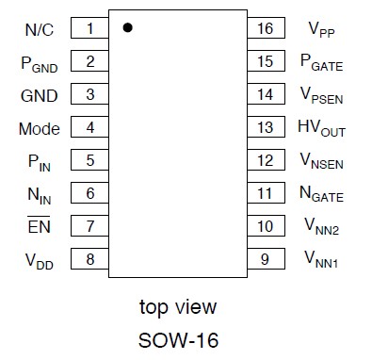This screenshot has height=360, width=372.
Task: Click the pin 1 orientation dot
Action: (128, 28)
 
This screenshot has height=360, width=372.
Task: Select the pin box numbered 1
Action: (89, 29)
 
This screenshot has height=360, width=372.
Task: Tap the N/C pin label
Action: (39, 29)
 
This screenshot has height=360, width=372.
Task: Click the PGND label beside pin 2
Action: (39, 63)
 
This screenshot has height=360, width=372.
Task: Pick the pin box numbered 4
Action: (89, 128)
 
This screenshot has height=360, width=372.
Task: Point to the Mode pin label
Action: (40, 128)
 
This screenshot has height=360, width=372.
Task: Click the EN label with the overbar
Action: (39, 226)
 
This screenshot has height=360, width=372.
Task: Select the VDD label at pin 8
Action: (39, 259)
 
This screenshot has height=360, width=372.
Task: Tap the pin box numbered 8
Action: (89, 259)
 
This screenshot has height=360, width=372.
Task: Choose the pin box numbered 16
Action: (265, 29)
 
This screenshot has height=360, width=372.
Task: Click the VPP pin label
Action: (320, 30)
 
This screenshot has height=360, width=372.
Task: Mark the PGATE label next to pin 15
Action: (321, 64)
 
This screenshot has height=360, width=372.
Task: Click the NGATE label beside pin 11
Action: (321, 195)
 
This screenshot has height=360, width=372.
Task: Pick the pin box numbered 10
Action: (265, 226)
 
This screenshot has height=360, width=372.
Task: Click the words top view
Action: (177, 306)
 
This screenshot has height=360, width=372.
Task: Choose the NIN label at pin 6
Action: (39, 194)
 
